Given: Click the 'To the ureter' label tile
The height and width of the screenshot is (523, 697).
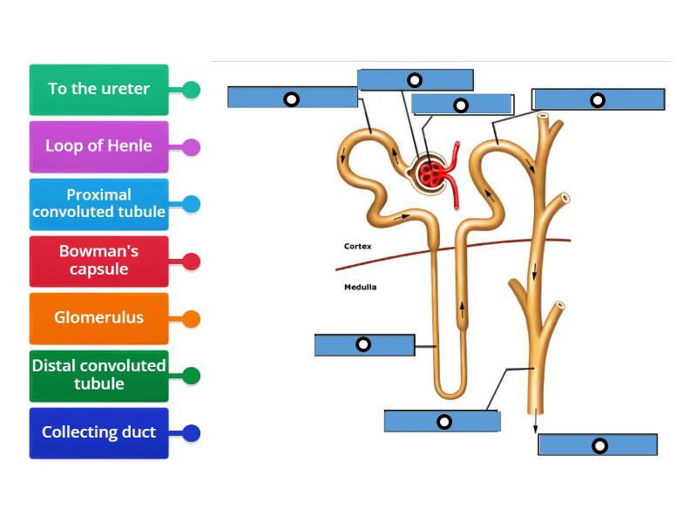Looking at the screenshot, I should point(98,89).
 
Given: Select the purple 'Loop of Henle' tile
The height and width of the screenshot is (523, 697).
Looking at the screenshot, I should point(98,146).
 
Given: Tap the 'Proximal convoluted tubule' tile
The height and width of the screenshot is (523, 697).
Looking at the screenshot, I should point(98,204).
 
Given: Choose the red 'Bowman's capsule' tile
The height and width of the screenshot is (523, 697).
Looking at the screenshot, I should point(98,261).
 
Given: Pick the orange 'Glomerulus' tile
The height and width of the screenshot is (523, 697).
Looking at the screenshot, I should point(98,318).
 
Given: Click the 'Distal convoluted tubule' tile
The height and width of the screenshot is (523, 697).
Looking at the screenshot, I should point(98,375).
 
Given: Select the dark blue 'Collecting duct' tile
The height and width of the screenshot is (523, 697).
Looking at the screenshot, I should point(98,432).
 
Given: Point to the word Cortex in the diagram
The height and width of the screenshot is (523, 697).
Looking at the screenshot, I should point(357,247).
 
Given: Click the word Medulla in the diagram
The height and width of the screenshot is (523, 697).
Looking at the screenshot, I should point(360,287).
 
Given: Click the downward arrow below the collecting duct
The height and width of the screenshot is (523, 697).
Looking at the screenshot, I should point(536,424).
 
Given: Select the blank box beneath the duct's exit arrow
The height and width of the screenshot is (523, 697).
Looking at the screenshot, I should point(598,445).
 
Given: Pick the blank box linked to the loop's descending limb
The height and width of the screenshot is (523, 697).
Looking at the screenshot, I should point(364,345).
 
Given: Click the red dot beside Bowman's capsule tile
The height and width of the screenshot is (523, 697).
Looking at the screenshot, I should point(192,261).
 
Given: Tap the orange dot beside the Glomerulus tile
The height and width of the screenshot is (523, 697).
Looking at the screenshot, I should point(192,319).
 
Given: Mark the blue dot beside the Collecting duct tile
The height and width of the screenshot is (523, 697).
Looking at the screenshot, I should point(192,433).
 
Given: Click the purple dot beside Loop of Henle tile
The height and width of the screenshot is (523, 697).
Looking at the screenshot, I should point(192,147).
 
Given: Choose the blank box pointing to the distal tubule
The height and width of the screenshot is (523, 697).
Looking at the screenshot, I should point(598,99).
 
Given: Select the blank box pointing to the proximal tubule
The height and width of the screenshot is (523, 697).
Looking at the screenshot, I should point(292,98).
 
